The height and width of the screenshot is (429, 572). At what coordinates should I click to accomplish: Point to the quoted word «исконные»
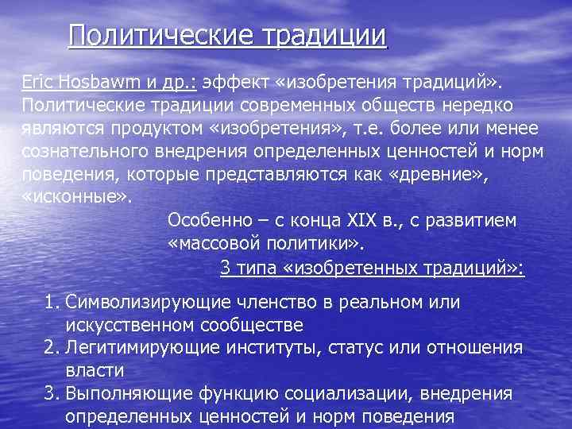point(77,197)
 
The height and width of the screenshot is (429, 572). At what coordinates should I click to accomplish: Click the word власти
point(95,370)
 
